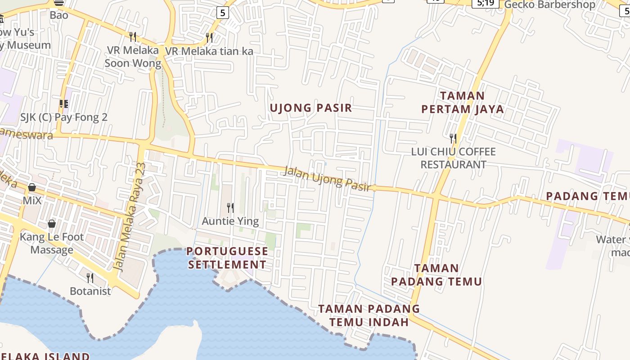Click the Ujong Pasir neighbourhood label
(310, 108)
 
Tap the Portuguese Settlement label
(227, 258)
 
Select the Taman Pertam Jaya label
(462, 103)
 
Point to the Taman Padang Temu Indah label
(369, 315)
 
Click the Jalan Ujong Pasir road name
(328, 179)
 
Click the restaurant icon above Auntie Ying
(230, 208)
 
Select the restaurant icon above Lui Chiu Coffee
(453, 138)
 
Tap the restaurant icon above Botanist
(90, 278)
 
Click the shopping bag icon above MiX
(32, 187)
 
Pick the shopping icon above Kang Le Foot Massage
(52, 224)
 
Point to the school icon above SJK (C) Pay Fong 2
(64, 104)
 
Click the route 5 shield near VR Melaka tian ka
(222, 13)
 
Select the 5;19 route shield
(485, 3)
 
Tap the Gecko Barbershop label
(549, 5)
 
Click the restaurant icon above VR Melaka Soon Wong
(133, 36)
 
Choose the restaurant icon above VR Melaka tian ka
(209, 38)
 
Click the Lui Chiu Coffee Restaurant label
(453, 158)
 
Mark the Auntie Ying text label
(230, 221)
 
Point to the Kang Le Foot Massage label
(52, 243)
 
